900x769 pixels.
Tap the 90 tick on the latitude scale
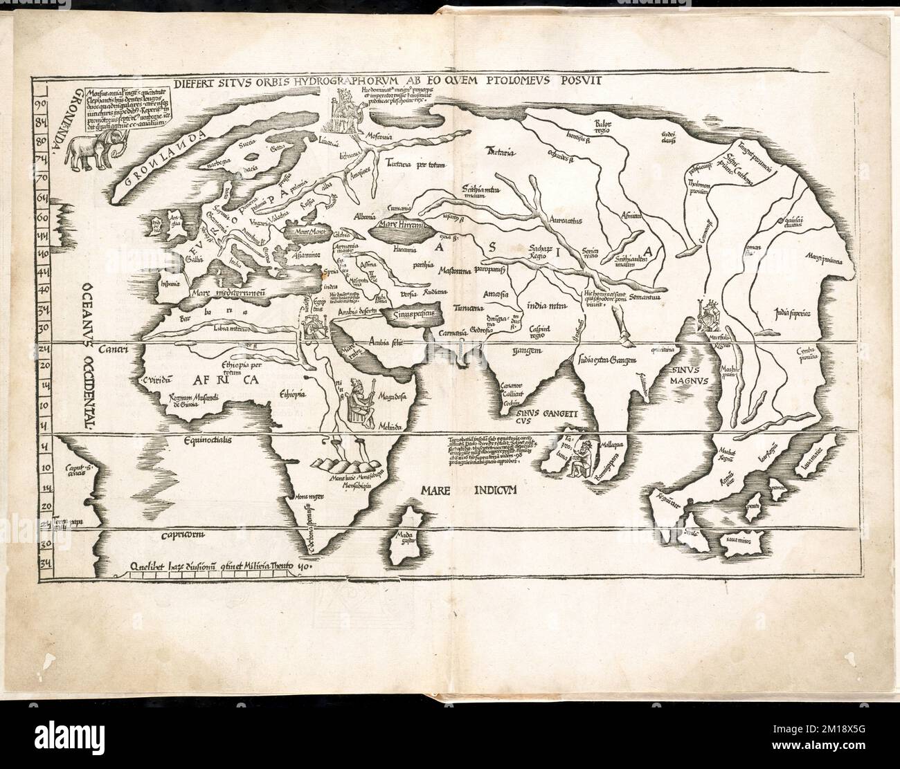pyautogui.click(x=42, y=104)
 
